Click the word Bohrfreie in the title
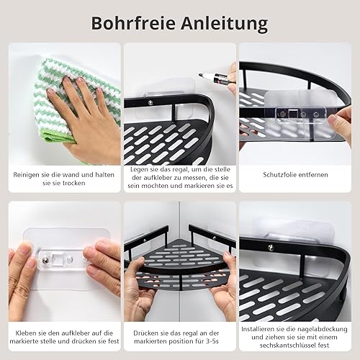point(133,23)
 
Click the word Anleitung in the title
point(225,24)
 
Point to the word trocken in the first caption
point(73,183)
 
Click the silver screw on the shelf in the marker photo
point(150,102)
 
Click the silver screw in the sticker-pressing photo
point(45,259)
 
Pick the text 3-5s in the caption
point(212,341)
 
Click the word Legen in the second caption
point(139,169)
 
